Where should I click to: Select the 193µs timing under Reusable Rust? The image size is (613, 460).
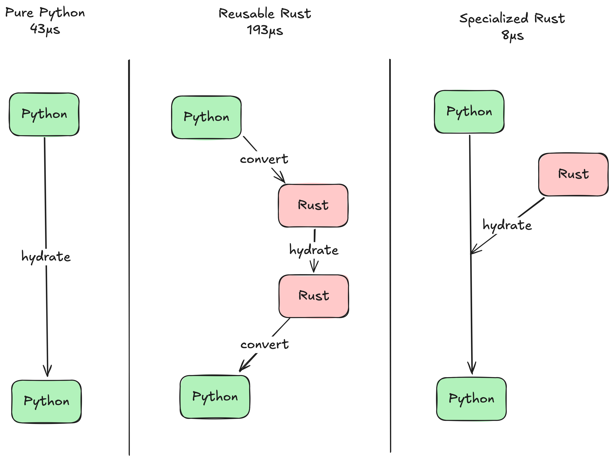(265, 30)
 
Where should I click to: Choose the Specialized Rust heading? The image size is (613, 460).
(512, 19)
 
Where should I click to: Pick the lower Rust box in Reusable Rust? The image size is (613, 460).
(314, 296)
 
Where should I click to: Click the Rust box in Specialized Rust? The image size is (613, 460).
(573, 174)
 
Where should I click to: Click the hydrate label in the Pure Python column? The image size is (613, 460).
(46, 257)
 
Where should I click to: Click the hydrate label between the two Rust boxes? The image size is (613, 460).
(314, 250)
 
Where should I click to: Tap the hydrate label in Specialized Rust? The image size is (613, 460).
(507, 225)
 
